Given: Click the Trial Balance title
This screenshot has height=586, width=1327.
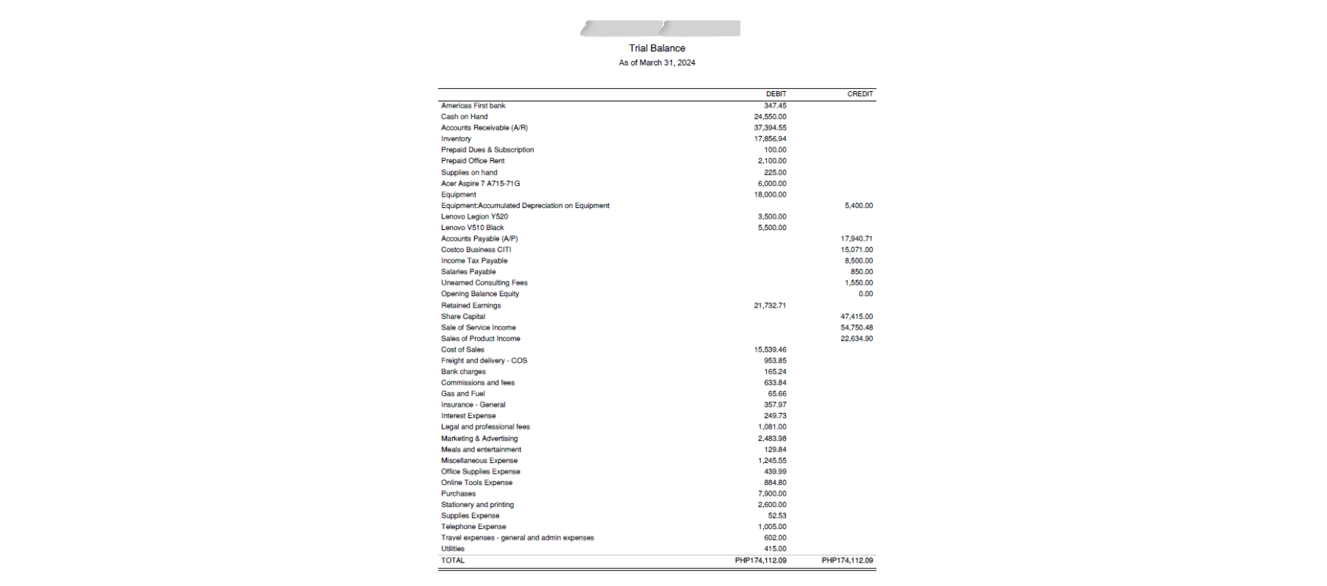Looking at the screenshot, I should click(656, 48).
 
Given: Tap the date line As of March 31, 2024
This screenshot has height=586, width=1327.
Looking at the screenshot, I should click(656, 63).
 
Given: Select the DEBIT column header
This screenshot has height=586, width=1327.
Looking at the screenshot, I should click(776, 94).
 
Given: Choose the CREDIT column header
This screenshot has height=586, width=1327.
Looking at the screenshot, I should click(860, 94).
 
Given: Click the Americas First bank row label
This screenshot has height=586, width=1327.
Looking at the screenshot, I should click(473, 105).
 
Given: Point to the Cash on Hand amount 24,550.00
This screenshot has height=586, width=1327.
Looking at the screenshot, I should click(770, 117).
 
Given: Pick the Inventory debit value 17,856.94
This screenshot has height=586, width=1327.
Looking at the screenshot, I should click(770, 139).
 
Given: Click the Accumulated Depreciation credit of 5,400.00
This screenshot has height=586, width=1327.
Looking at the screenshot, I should click(859, 206).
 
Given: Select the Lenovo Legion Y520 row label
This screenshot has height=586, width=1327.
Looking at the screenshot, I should click(474, 216).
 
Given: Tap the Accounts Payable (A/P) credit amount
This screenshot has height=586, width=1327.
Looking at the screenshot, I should click(856, 239).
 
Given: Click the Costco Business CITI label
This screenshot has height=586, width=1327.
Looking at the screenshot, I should click(476, 250).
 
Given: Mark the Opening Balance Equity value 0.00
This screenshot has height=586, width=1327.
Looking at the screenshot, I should click(865, 293).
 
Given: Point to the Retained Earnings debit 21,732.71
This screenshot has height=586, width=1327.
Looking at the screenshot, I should click(770, 305).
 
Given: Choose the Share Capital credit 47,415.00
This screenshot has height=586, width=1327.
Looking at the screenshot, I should click(856, 316).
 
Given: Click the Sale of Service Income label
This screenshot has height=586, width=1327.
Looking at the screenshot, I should click(478, 328).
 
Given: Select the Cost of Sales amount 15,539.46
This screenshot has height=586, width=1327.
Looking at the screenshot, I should click(770, 350).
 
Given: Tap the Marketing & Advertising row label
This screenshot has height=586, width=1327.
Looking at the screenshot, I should click(479, 439).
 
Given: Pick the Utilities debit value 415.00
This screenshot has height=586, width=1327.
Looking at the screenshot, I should click(775, 549).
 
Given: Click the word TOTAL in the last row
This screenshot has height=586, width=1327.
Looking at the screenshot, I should click(453, 560).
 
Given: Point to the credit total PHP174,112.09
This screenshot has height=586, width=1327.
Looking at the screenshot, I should click(847, 560).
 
